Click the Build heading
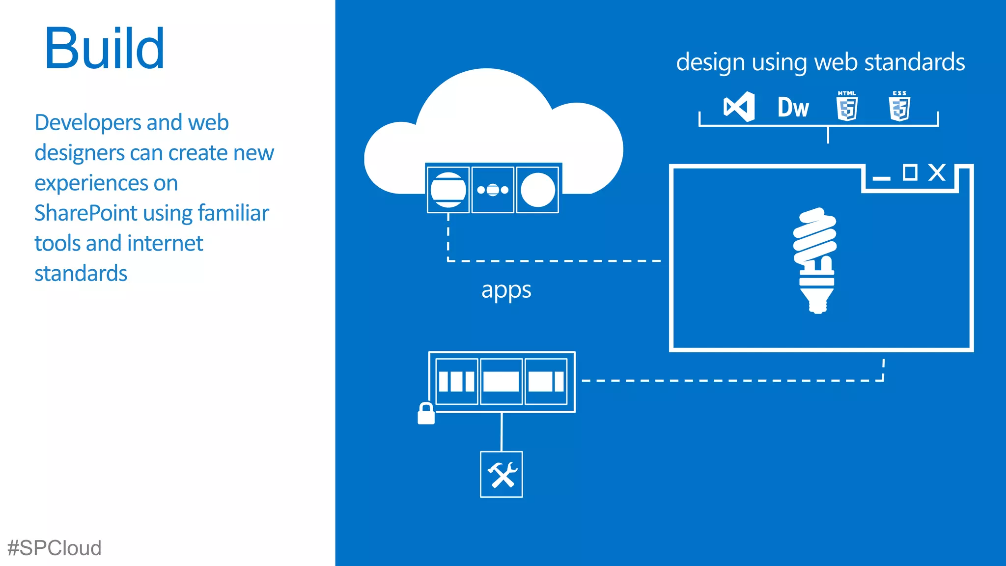(x=104, y=49)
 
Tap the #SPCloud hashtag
(x=55, y=548)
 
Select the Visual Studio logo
(x=739, y=107)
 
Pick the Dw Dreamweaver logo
(x=793, y=108)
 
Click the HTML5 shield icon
(x=847, y=107)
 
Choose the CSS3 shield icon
(x=899, y=107)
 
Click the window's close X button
(x=937, y=172)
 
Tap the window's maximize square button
(x=910, y=172)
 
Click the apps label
(x=506, y=290)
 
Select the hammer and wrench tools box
(x=501, y=474)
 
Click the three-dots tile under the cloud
(x=493, y=190)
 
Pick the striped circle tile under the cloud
(x=448, y=190)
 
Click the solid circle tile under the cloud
(x=537, y=190)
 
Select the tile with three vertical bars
(x=456, y=381)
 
